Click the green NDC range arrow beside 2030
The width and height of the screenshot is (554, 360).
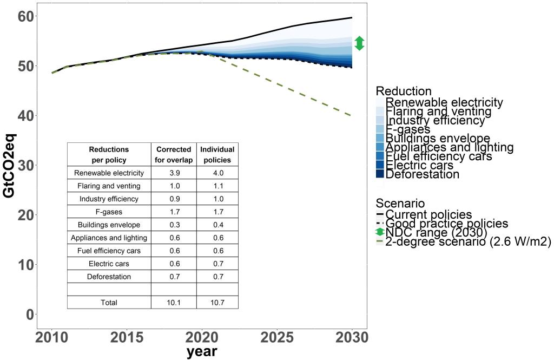(x=359, y=43)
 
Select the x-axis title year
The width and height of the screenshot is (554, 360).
(x=202, y=352)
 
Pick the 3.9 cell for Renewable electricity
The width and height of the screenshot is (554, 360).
(x=173, y=173)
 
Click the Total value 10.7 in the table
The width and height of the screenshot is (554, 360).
(x=217, y=303)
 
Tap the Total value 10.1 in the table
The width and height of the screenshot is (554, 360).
(x=173, y=303)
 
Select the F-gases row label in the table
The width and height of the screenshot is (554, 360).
(x=109, y=212)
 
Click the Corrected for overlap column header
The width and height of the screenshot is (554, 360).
(x=173, y=155)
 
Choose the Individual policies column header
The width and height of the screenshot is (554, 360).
(x=217, y=155)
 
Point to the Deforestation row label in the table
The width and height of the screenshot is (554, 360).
(x=109, y=277)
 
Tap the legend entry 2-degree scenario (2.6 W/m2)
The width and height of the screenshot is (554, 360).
(x=468, y=241)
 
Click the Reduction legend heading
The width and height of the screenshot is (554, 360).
(x=404, y=91)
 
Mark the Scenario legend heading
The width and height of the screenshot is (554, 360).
(x=400, y=204)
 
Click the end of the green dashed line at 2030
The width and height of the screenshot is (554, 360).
(x=352, y=116)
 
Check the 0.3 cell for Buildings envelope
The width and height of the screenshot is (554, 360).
(x=173, y=225)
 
